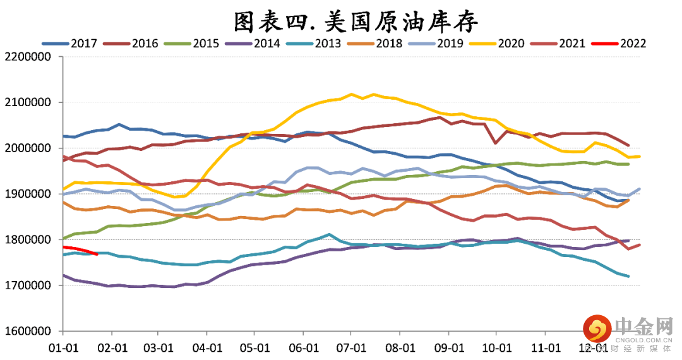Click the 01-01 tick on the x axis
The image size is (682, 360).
(x=63, y=347)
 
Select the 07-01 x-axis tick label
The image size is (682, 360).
(x=352, y=347)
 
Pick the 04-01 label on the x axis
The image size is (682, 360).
(x=207, y=347)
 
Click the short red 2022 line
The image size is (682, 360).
(x=79, y=249)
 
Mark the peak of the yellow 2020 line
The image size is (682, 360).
(x=352, y=95)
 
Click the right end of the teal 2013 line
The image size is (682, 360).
(x=628, y=276)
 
